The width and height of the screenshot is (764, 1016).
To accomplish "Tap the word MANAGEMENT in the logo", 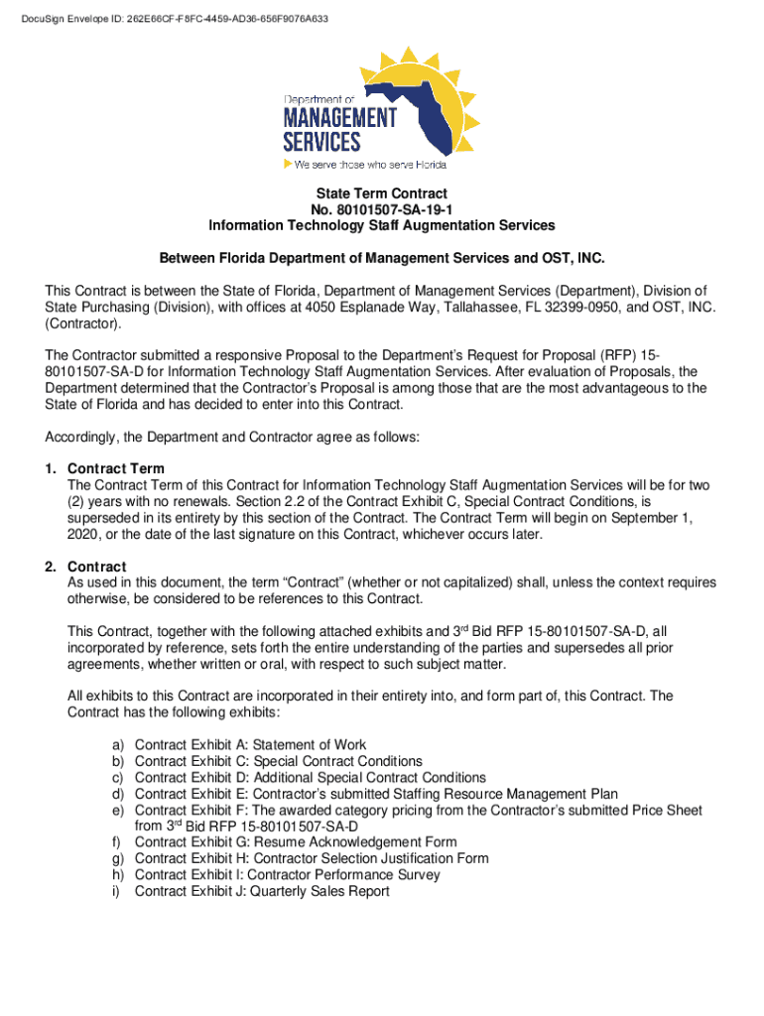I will pyautogui.click(x=339, y=118).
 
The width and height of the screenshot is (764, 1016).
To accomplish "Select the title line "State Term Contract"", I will pyautogui.click(x=381, y=193).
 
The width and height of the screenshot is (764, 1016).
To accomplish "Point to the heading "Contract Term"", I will pyautogui.click(x=116, y=468).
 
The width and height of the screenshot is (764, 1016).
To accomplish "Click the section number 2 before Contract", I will pyautogui.click(x=50, y=567).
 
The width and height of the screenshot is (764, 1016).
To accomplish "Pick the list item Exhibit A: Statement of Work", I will pyautogui.click(x=250, y=745).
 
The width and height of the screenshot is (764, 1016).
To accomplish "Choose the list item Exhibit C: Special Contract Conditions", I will pyautogui.click(x=278, y=761).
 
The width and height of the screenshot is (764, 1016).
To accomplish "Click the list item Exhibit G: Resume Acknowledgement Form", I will pyautogui.click(x=296, y=842).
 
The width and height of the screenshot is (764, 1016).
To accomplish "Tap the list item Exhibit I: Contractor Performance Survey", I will pyautogui.click(x=287, y=875).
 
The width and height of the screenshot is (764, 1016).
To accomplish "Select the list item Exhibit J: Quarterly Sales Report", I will pyautogui.click(x=262, y=891).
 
